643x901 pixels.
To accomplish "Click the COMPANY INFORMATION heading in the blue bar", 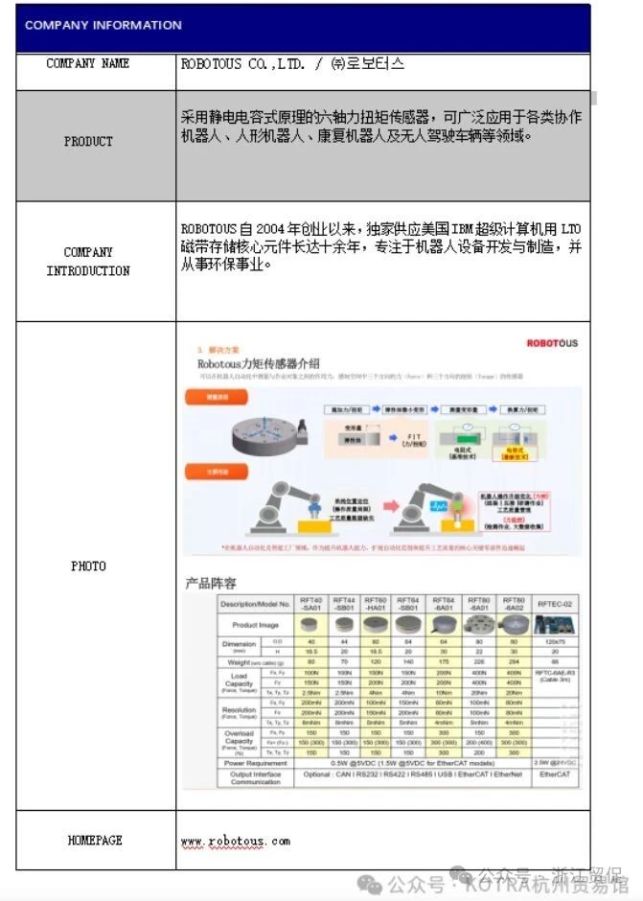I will [x=103, y=26].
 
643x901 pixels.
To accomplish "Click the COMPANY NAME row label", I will [x=88, y=64].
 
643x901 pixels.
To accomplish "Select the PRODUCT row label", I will [x=88, y=142].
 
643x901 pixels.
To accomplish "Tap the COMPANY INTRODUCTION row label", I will [x=88, y=262].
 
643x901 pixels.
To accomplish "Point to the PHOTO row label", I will [x=88, y=566].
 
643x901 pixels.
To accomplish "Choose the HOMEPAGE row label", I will [x=95, y=841].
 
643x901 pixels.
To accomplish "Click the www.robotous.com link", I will [x=235, y=842].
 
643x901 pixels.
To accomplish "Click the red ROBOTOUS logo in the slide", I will [x=552, y=343].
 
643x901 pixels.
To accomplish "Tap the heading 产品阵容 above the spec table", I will [x=211, y=583].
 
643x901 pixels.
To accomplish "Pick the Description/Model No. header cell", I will [x=255, y=604].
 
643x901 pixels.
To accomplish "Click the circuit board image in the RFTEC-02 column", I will [x=556, y=624].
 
